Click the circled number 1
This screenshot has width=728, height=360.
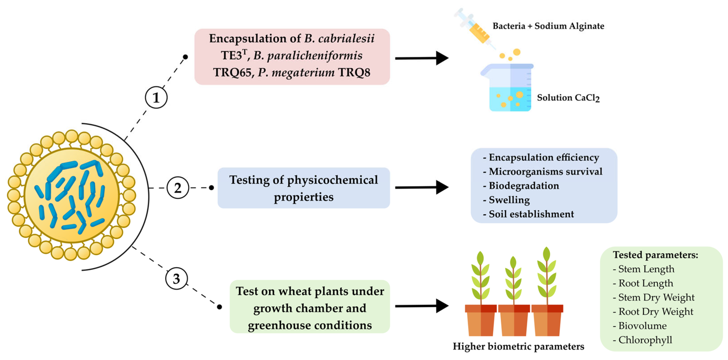tap(156, 98)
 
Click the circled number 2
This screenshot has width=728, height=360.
tap(178, 188)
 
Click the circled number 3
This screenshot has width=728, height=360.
tap(176, 279)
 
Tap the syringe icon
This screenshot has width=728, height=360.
tap(475, 28)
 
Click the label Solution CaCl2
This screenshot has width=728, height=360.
tap(568, 98)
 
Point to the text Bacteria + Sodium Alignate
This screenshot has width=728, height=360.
tap(548, 26)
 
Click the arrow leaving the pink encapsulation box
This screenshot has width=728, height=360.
tap(421, 58)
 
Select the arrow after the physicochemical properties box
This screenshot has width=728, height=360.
tap(421, 187)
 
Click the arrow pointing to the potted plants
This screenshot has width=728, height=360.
tap(421, 306)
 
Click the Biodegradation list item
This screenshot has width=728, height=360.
tap(524, 186)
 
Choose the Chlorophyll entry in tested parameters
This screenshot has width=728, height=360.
tap(645, 340)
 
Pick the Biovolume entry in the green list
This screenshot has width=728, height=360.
tap(642, 326)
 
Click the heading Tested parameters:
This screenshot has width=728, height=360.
tap(655, 255)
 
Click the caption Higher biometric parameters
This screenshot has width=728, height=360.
tap(518, 346)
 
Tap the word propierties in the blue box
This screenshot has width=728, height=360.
tap(304, 197)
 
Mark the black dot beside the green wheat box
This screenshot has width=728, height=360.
tap(220, 307)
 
